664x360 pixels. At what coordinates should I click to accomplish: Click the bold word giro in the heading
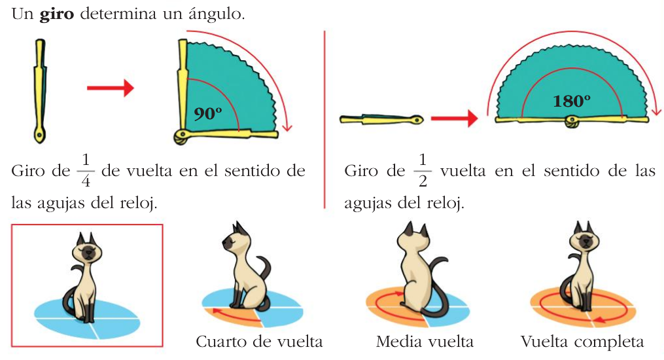pyautogui.click(x=57, y=14)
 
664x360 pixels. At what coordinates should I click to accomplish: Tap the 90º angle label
pyautogui.click(x=209, y=113)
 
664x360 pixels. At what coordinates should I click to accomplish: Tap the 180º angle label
pyautogui.click(x=571, y=101)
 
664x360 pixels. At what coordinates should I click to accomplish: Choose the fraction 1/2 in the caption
pyautogui.click(x=423, y=171)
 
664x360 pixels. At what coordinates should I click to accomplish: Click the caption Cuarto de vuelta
pyautogui.click(x=259, y=342)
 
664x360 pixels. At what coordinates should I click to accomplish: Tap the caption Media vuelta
pyautogui.click(x=425, y=342)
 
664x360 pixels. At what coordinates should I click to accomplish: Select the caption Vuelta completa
pyautogui.click(x=582, y=342)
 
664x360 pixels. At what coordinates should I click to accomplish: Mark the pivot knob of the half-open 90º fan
pyautogui.click(x=181, y=135)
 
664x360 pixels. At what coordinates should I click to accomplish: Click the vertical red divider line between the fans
pyautogui.click(x=324, y=118)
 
